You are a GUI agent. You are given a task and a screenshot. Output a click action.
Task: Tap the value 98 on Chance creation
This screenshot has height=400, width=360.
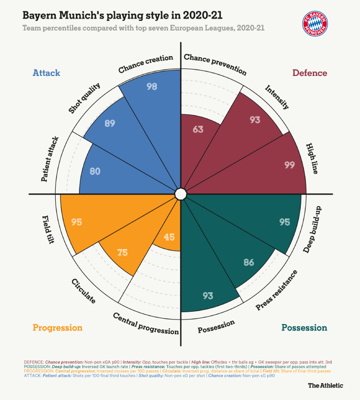152,86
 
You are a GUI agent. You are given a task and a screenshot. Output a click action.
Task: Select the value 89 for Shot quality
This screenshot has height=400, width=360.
110,123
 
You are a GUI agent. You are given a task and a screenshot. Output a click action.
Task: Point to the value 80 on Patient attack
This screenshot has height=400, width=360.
95,172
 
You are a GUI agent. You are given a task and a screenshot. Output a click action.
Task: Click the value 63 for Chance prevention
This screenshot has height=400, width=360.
198,130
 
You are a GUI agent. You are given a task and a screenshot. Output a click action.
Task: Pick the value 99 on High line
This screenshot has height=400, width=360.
289,165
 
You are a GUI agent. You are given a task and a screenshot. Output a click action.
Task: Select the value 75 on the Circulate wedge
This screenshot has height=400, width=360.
123,253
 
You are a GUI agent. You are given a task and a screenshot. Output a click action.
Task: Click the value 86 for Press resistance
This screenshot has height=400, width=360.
249,262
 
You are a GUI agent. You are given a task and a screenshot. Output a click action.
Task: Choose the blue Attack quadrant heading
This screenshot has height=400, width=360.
46,73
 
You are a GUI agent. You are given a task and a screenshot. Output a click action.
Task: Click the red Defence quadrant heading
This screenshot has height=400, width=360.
310,73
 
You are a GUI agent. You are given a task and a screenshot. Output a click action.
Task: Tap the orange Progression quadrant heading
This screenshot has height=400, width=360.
57,327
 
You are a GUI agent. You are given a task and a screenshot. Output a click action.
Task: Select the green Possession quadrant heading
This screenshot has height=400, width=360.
304,327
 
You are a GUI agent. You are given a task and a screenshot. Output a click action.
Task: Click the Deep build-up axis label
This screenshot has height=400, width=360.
313,230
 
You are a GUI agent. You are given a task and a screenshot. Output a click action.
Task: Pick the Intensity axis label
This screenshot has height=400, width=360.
277,97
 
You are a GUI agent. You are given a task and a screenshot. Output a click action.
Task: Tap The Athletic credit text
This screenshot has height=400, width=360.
325,385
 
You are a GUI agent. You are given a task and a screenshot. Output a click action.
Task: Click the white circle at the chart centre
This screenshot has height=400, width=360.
180,193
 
